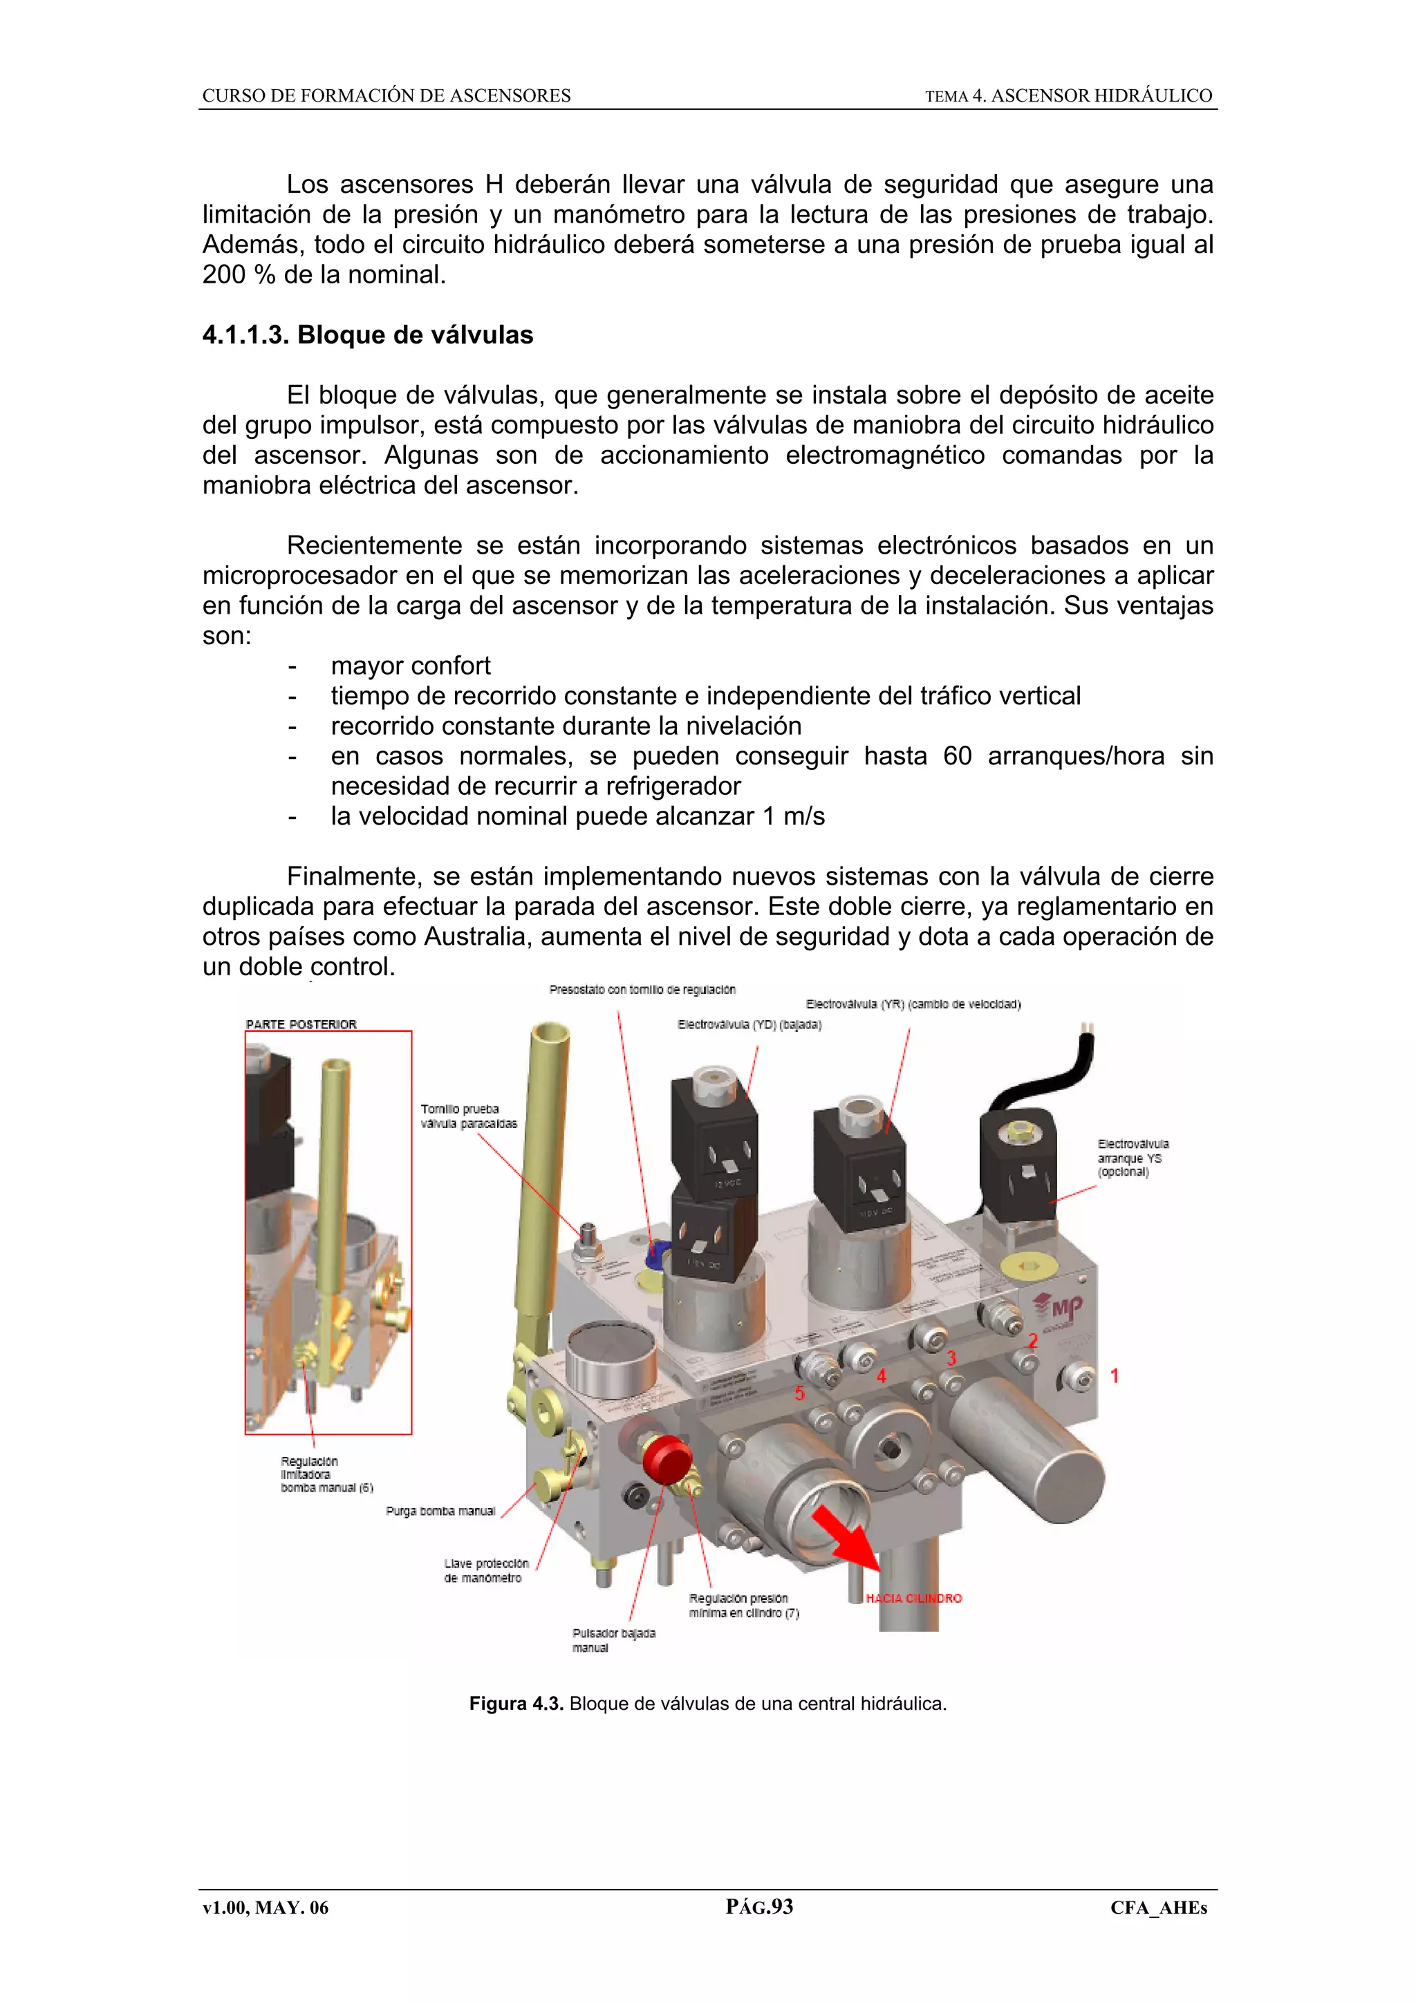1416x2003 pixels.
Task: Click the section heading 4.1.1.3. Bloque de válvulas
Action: (367, 335)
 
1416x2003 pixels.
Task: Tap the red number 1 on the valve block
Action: (1114, 1375)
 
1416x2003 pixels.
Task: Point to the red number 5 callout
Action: (799, 1393)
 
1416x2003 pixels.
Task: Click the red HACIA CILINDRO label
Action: (913, 1598)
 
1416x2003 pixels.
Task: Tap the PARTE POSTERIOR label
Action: (301, 1024)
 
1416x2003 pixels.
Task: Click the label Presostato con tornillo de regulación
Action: (642, 989)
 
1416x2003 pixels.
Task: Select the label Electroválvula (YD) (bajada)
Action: (749, 1024)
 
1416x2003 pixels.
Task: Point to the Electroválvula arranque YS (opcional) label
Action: (1133, 1158)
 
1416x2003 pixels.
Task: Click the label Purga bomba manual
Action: (440, 1511)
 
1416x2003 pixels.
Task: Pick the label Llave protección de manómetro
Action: (486, 1570)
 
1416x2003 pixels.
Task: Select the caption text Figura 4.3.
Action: (516, 1704)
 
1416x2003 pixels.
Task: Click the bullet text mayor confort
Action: (410, 666)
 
